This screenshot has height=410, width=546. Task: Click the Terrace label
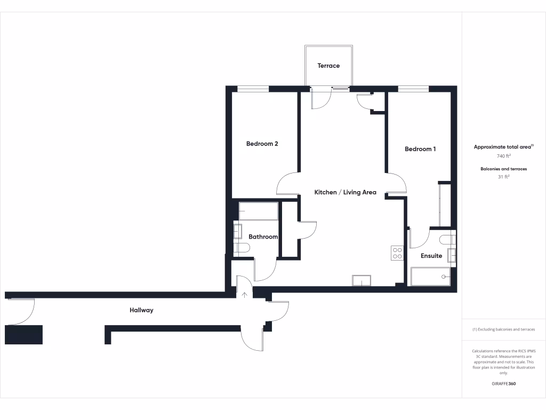pyautogui.click(x=328, y=66)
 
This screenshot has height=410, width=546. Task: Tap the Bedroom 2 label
pyautogui.click(x=262, y=144)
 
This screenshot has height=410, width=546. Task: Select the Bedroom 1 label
pyautogui.click(x=420, y=149)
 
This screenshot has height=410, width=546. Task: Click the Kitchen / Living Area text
pyautogui.click(x=345, y=192)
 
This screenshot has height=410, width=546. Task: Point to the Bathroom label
pyautogui.click(x=263, y=236)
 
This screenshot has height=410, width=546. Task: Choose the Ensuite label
pyautogui.click(x=431, y=256)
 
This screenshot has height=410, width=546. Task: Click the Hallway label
pyautogui.click(x=141, y=310)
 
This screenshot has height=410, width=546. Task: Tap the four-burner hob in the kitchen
pyautogui.click(x=397, y=253)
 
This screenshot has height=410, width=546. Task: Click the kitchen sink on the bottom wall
pyautogui.click(x=361, y=280)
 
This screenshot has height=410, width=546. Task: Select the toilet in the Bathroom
pyautogui.click(x=242, y=247)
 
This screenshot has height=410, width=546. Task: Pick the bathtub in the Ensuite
pyautogui.click(x=430, y=277)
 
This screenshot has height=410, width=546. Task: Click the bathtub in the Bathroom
pyautogui.click(x=258, y=211)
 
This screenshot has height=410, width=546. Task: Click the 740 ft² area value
pyautogui.click(x=503, y=156)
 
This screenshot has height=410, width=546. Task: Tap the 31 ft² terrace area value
pyautogui.click(x=503, y=177)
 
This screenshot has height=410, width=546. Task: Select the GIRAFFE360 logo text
pyautogui.click(x=503, y=384)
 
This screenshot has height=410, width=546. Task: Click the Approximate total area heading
pyautogui.click(x=503, y=147)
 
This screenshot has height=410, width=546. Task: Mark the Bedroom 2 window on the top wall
pyautogui.click(x=253, y=89)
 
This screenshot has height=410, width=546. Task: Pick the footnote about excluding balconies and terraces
pyautogui.click(x=503, y=329)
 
